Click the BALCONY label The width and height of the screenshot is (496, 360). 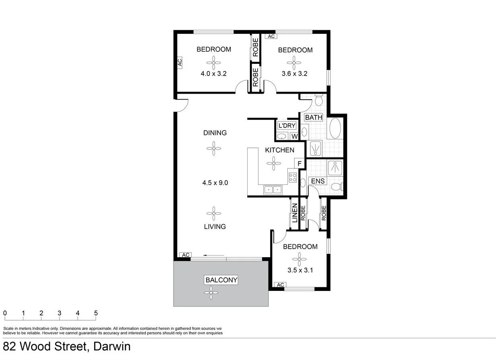(x=221, y=280)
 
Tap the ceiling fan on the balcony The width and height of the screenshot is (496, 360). (x=211, y=293)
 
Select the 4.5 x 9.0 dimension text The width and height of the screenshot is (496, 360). (x=215, y=182)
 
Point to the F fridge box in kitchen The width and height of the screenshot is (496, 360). (x=299, y=164)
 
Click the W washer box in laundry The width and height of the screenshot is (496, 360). (x=294, y=137)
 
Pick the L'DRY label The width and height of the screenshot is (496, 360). (x=287, y=125)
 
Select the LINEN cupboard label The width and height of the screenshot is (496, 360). (x=295, y=213)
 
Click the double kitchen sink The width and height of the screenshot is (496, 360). (x=273, y=189)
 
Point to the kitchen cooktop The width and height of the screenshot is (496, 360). (x=293, y=177)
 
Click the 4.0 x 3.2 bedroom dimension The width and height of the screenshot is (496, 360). (x=214, y=74)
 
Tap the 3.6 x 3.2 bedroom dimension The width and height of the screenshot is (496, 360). (x=295, y=74)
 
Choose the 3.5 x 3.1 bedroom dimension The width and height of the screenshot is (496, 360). (x=300, y=270)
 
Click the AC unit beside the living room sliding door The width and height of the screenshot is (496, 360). (x=185, y=255)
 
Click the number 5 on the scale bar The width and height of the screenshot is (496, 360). (x=96, y=313)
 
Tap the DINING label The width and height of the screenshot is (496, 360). (x=215, y=133)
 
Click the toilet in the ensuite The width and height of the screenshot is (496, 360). (x=341, y=186)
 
